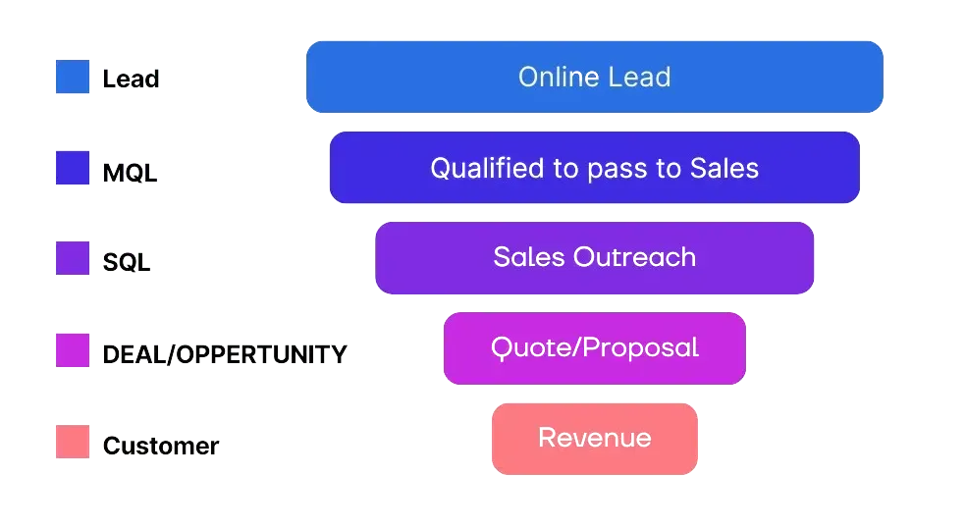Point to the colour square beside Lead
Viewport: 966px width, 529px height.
click(73, 78)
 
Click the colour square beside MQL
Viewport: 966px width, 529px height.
click(73, 169)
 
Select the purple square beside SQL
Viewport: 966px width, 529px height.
click(73, 259)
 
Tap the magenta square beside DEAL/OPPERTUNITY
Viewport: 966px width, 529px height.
click(73, 350)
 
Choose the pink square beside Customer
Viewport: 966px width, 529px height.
click(73, 442)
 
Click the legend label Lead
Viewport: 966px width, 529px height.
click(131, 79)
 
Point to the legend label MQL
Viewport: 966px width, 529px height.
click(128, 174)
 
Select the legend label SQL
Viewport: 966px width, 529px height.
click(128, 262)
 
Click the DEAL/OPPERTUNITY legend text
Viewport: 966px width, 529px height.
click(225, 354)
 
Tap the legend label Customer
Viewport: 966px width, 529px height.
click(161, 446)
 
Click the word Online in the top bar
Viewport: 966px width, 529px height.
click(550, 77)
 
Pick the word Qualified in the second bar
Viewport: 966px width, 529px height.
click(487, 169)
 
